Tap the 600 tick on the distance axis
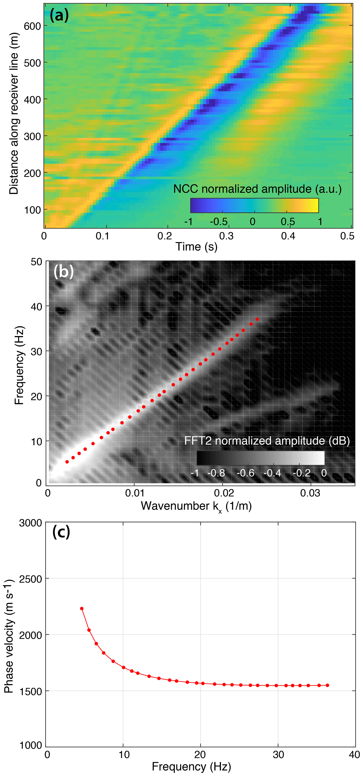tap(32, 26)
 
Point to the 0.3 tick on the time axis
tap(226, 236)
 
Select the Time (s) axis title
tap(196, 246)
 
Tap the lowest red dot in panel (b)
tap(67, 462)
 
